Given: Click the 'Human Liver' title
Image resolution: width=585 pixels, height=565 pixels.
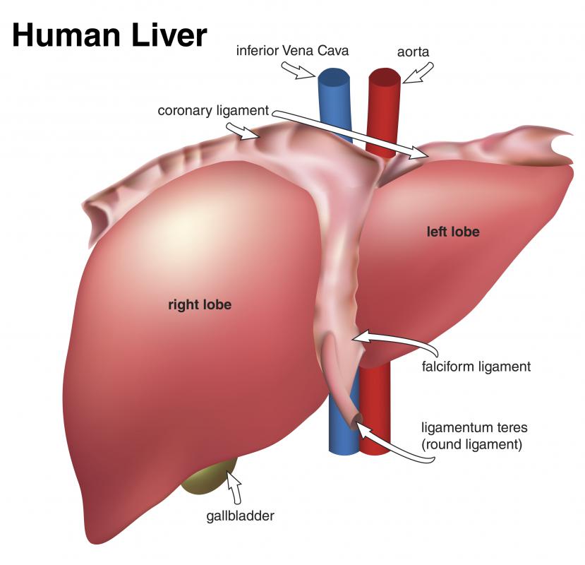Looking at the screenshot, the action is click(x=109, y=35).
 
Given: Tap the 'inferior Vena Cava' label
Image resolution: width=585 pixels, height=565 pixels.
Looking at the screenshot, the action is click(x=292, y=50).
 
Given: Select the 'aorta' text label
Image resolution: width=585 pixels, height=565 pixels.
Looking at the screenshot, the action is click(x=413, y=52).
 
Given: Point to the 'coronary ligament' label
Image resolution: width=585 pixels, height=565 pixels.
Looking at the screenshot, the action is click(x=213, y=111).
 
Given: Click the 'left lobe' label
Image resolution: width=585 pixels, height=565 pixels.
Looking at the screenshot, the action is click(x=453, y=232).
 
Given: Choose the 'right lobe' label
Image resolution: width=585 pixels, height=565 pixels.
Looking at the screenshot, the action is click(x=200, y=304).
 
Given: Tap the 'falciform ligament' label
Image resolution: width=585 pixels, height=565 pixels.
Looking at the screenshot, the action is click(x=476, y=367).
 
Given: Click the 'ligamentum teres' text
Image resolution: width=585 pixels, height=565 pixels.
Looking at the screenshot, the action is click(x=474, y=427).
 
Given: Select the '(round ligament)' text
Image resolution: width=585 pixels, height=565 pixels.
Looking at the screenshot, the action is click(x=471, y=444).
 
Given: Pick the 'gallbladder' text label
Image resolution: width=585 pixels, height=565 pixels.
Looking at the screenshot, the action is click(x=240, y=516).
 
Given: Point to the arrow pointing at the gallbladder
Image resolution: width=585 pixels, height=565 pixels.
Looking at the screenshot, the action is click(x=236, y=488).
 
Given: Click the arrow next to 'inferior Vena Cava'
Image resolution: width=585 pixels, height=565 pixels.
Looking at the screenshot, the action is click(x=298, y=71).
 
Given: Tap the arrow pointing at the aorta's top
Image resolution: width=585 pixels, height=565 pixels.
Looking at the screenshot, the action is click(x=418, y=73).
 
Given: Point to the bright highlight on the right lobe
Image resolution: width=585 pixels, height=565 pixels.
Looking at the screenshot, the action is click(x=186, y=224).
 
